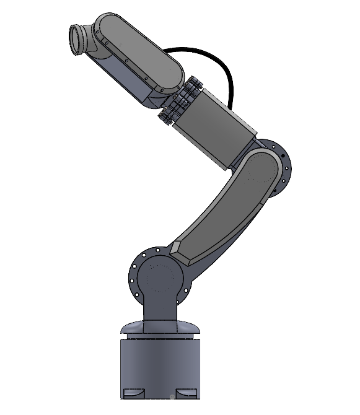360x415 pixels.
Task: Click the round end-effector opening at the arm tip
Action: [x=77, y=40]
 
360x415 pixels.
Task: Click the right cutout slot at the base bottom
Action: [x=186, y=394]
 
